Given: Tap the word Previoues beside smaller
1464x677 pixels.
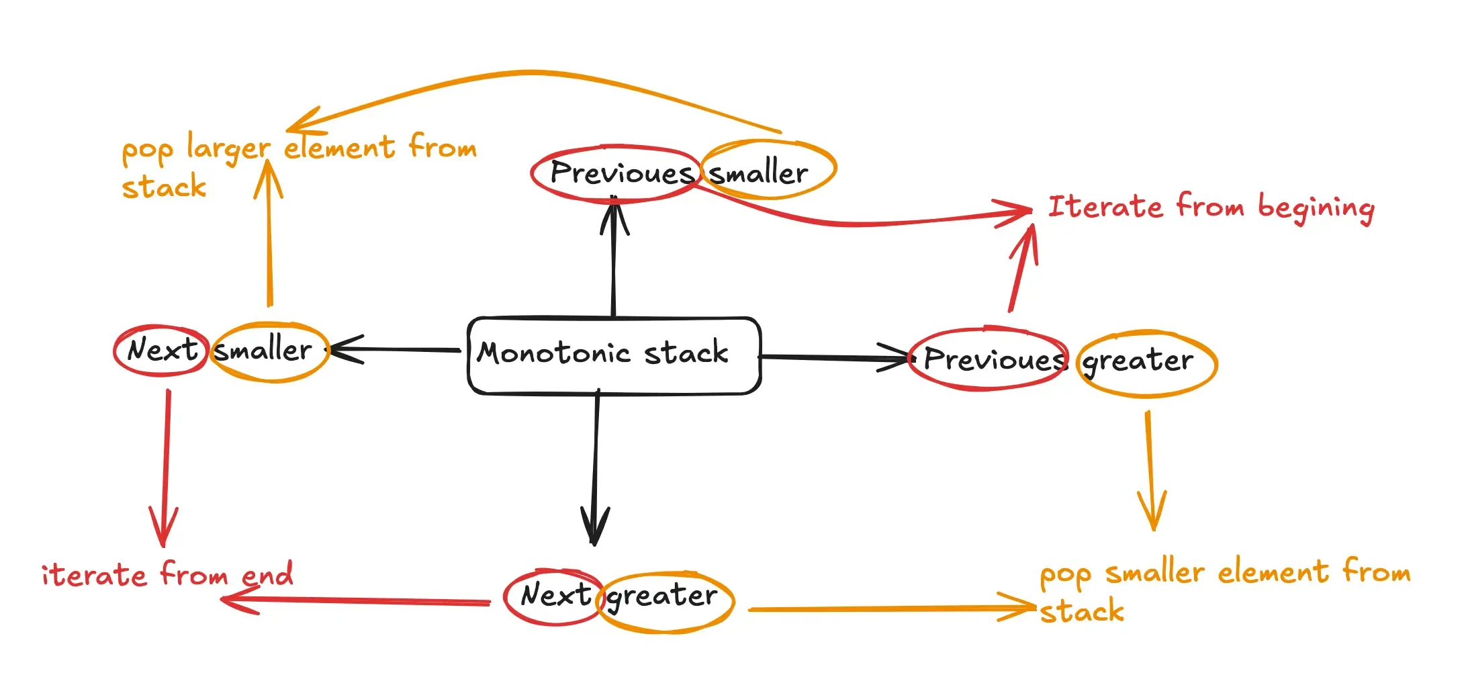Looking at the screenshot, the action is [621, 173].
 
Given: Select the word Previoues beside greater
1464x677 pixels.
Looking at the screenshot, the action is [995, 359].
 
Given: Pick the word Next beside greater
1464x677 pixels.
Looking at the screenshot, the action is [555, 595].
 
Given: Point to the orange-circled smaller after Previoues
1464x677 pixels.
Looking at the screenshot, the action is [759, 173].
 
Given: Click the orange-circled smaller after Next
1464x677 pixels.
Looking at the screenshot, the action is [263, 350].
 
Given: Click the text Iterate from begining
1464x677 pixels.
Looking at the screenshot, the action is [1211, 208].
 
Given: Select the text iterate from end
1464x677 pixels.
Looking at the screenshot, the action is [167, 575].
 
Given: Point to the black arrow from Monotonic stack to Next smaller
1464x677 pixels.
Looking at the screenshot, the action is [396, 350].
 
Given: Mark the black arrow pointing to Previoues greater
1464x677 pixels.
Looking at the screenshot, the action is [835, 358].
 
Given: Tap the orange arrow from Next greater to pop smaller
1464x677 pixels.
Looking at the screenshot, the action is [893, 608].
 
